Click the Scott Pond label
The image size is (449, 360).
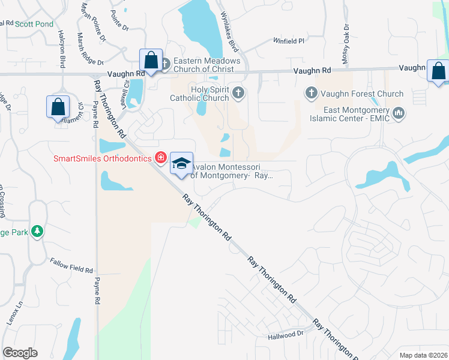(x=34, y=24)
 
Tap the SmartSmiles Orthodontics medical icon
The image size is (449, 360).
(x=160, y=158)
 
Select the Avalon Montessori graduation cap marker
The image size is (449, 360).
(x=181, y=164)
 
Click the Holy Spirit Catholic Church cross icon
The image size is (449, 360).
(x=238, y=92)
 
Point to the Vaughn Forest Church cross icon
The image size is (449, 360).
(x=311, y=93)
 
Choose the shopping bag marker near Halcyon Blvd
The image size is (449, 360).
(x=58, y=107)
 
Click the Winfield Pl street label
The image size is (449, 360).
(x=289, y=41)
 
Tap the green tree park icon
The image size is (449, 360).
(x=37, y=231)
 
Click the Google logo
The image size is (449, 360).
(x=20, y=353)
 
